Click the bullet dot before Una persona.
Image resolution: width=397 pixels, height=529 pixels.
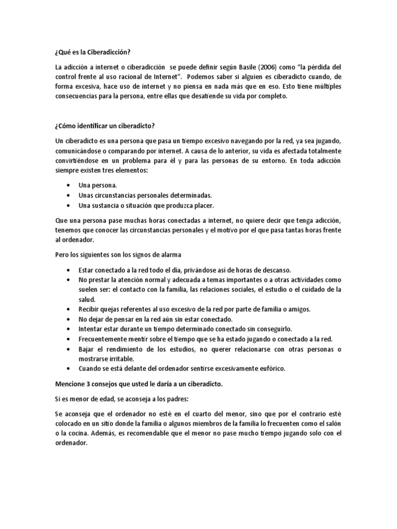point(69,185)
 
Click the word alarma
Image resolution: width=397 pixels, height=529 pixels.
point(170,254)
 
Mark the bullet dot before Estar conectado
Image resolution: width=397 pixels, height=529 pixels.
point(69,270)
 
